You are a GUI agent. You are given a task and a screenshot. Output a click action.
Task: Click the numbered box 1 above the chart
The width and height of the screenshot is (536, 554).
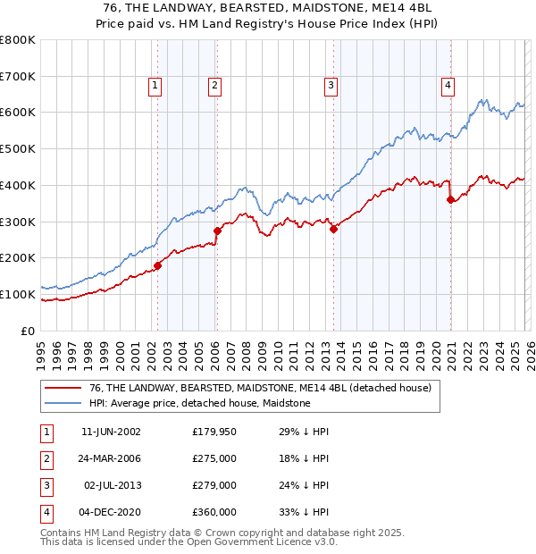[155, 86]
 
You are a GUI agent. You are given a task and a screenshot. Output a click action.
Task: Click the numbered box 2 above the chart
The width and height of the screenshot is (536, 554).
[215, 86]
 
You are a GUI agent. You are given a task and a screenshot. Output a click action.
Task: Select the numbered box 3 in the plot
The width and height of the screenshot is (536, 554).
[331, 86]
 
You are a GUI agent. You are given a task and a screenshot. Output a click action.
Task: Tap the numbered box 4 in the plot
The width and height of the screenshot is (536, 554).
[448, 86]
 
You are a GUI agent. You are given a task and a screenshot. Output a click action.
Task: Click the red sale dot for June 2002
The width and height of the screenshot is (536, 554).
[157, 264]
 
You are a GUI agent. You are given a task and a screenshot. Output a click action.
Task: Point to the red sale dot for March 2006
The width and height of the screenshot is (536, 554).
[217, 231]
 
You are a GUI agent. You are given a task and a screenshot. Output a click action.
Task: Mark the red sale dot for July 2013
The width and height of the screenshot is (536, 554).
[333, 229]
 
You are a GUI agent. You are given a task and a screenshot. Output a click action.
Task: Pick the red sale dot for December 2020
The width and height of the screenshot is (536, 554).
[450, 199]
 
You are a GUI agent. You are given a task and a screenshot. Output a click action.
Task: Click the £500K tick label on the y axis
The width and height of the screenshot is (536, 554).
[17, 149]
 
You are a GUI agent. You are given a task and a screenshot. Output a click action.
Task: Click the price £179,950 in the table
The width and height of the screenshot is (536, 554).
[214, 432]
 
